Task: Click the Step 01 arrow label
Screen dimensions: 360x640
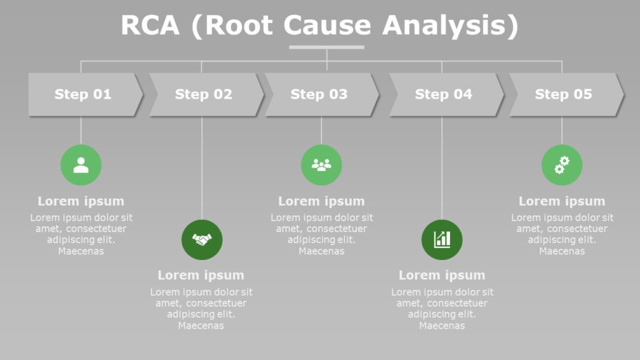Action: (x=82, y=94)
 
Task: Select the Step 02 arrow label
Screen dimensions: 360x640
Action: (x=203, y=94)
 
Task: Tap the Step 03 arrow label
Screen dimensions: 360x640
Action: (x=319, y=94)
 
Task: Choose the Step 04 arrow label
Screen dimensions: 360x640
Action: (x=444, y=94)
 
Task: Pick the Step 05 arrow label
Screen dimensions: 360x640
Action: (x=563, y=94)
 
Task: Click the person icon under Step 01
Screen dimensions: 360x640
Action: (x=81, y=165)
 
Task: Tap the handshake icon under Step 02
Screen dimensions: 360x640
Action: (x=202, y=239)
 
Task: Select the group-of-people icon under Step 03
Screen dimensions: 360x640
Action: (x=321, y=165)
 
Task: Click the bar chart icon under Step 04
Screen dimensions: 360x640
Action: (x=442, y=239)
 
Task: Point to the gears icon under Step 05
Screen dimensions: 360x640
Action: (x=562, y=165)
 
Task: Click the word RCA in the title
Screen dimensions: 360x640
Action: (x=150, y=26)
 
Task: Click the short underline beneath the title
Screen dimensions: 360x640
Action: (x=326, y=47)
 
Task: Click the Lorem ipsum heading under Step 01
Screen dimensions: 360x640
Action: (x=81, y=201)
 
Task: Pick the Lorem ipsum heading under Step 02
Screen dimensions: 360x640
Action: (x=201, y=275)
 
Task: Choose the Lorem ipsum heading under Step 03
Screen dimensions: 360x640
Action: (x=321, y=201)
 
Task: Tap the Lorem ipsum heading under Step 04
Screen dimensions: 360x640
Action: (x=442, y=275)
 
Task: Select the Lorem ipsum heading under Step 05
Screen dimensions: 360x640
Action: (x=562, y=201)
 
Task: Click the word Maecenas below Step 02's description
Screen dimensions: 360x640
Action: (x=201, y=326)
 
